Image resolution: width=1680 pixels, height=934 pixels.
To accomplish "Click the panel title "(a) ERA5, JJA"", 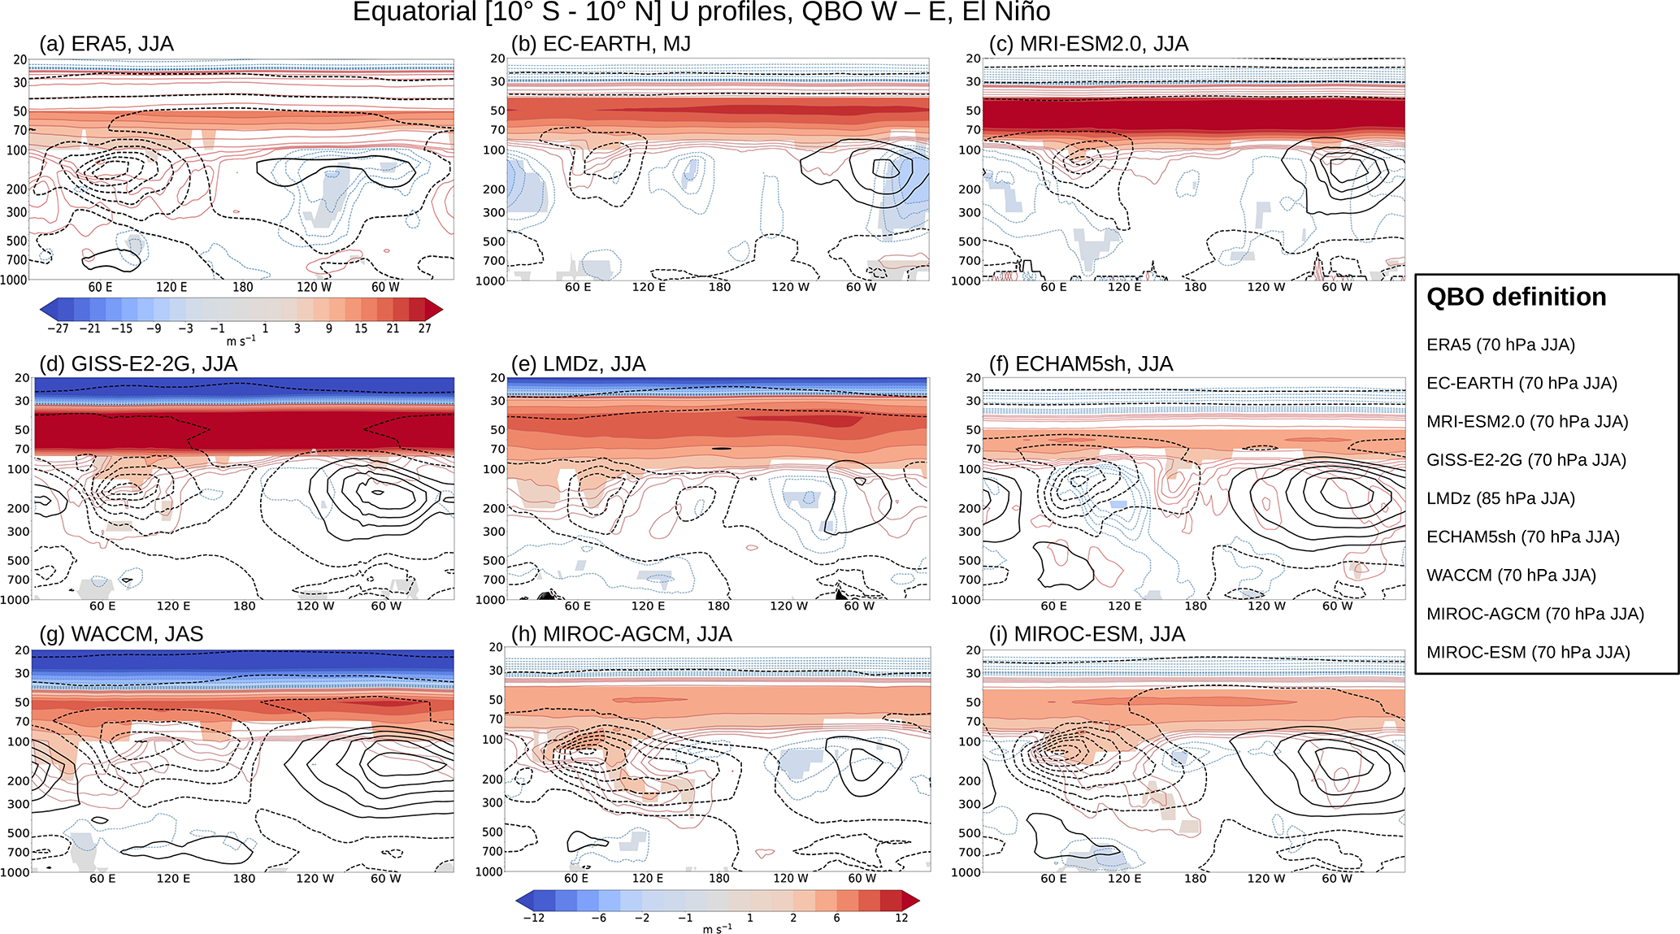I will (x=106, y=44).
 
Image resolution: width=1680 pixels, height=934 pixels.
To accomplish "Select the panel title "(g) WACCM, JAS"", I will (x=121, y=635).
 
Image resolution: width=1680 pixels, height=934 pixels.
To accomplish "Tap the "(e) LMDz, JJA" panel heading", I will (x=578, y=364).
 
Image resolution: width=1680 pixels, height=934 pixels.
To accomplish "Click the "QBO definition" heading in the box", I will (x=1516, y=298).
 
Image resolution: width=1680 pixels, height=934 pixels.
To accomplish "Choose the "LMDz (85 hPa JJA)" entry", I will (x=1500, y=498).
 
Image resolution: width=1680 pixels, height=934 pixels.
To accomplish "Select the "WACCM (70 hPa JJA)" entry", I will (x=1511, y=576).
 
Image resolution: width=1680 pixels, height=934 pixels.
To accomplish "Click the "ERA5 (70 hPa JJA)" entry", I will (x=1500, y=345).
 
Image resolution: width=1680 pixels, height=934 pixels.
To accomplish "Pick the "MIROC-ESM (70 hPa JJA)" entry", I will (x=1528, y=652).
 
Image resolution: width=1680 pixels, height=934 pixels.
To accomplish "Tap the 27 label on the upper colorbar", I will (x=424, y=328).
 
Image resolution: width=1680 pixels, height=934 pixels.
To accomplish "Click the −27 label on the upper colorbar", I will (x=57, y=328).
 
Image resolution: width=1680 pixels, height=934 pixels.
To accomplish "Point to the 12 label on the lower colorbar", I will (x=901, y=918).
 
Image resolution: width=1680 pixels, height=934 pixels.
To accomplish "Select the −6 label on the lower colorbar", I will (x=598, y=918).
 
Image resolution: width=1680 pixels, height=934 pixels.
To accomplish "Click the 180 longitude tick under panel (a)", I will (x=243, y=287).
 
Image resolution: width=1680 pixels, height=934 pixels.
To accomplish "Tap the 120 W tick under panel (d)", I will (x=315, y=606).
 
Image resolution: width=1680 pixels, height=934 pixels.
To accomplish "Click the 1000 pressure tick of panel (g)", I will (x=15, y=872).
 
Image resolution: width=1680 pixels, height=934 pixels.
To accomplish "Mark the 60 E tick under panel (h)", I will (x=576, y=878).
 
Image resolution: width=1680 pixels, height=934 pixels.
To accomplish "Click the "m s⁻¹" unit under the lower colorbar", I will (x=717, y=928).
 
